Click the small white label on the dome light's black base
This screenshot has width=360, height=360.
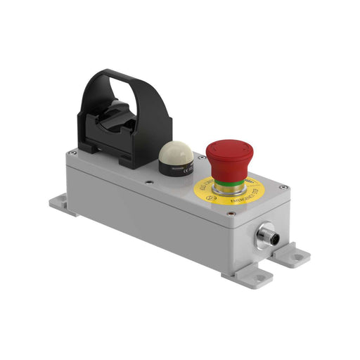coord(184,169)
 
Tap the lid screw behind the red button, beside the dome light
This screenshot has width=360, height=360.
coord(201,157)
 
